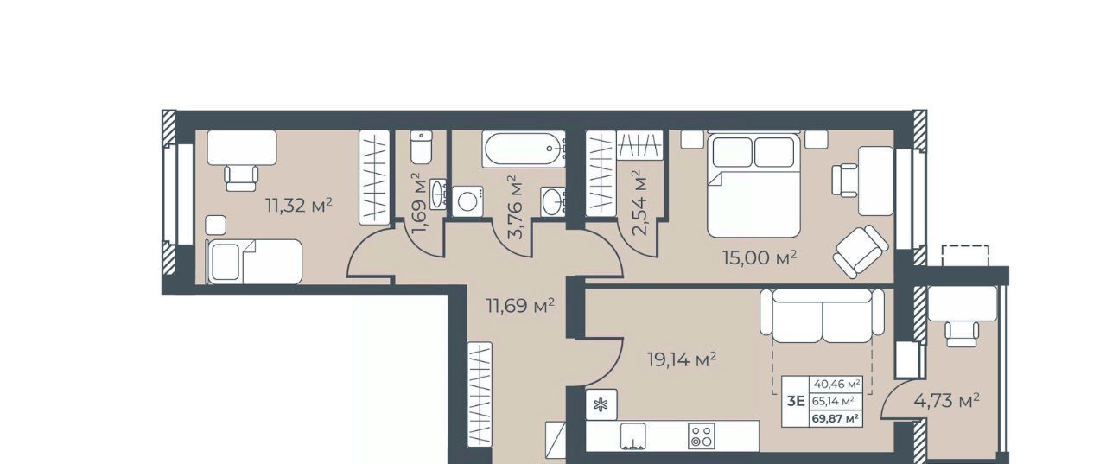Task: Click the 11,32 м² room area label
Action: [299, 205]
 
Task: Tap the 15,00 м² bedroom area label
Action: [760, 257]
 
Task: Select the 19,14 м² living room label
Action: [682, 359]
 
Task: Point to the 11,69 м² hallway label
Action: [520, 306]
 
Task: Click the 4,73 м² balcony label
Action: [946, 400]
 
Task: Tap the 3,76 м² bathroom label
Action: [515, 207]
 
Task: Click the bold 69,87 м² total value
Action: [836, 419]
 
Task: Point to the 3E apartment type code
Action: [796, 401]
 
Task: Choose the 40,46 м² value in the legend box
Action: [837, 383]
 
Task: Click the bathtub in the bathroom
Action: [524, 149]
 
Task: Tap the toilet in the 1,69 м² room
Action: [421, 147]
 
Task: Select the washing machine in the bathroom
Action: [467, 201]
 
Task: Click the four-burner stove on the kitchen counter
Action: [701, 435]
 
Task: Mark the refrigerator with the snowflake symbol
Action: [601, 404]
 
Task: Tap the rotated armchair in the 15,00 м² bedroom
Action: [861, 251]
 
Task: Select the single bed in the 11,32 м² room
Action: [254, 262]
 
